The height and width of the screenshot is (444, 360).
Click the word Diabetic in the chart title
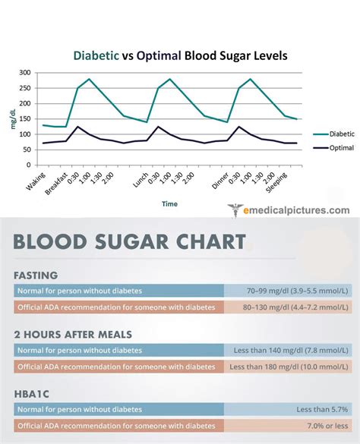[x=96, y=55]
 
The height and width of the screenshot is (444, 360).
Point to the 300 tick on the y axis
[x=25, y=73]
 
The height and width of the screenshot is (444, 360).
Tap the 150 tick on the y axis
[x=25, y=119]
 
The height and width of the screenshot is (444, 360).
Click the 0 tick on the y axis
[x=29, y=165]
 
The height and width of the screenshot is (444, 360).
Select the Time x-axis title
[x=169, y=203]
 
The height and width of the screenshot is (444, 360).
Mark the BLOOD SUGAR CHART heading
[x=129, y=242]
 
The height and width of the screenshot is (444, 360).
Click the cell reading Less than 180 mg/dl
[x=292, y=366]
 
